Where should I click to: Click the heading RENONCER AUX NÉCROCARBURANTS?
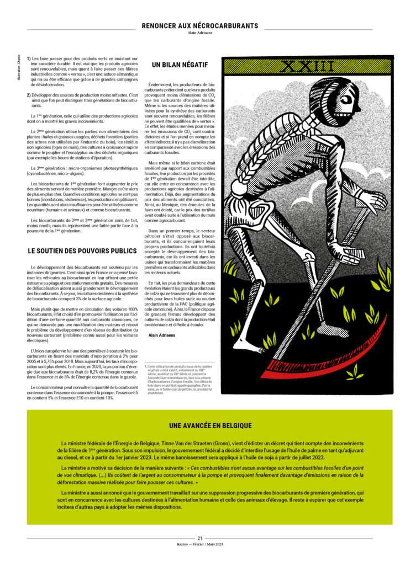tap(199, 25)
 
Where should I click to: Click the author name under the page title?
tap(199, 33)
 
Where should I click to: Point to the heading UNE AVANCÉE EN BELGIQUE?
tap(210, 425)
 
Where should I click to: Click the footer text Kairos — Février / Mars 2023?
tap(199, 545)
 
